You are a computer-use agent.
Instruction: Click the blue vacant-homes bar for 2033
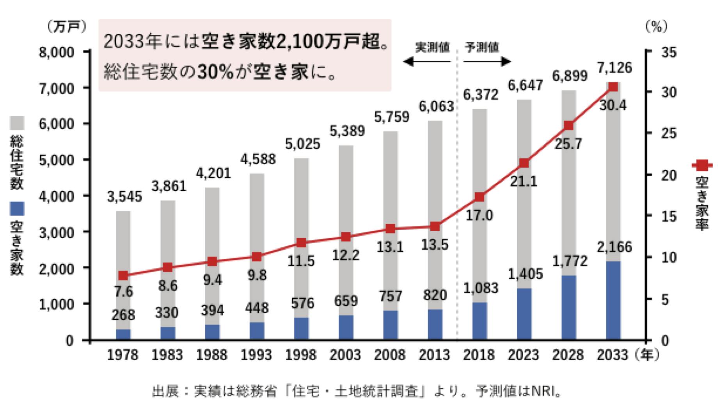(613, 300)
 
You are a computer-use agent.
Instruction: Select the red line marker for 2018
(479, 197)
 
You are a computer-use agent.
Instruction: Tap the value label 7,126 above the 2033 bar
(614, 68)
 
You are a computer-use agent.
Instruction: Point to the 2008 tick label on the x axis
(390, 355)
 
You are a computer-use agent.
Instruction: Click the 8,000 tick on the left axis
(57, 52)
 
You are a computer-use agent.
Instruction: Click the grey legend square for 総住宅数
(17, 123)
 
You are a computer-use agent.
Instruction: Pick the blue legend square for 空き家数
(17, 209)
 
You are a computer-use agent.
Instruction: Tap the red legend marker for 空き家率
(702, 165)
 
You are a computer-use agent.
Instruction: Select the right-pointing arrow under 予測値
(488, 62)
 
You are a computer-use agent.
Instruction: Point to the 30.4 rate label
(613, 105)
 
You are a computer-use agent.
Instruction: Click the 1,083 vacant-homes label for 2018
(481, 288)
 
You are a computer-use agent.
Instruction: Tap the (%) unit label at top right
(656, 27)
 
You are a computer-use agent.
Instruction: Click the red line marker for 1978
(123, 275)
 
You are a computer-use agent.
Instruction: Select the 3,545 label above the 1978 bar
(124, 197)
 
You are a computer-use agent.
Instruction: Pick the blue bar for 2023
(524, 314)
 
